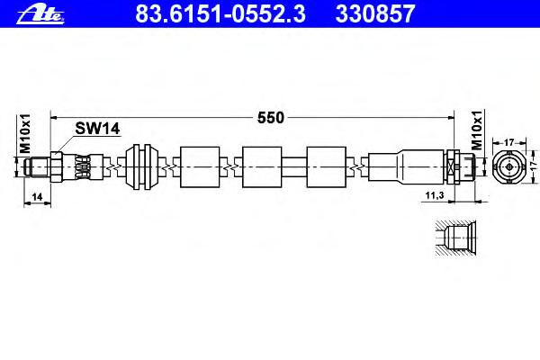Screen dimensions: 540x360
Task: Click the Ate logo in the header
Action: (x=40, y=14)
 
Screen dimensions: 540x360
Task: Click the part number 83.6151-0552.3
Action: (x=220, y=13)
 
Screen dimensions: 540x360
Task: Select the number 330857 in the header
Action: (x=375, y=13)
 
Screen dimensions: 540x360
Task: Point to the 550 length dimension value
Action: (x=271, y=118)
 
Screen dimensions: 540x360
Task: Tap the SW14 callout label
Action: (x=97, y=129)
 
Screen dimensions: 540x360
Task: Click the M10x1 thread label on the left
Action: (x=25, y=133)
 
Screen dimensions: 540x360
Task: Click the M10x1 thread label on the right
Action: (x=477, y=130)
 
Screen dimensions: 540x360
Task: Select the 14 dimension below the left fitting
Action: (x=37, y=197)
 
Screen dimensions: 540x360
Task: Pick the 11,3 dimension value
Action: (x=435, y=195)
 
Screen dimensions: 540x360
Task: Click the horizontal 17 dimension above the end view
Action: (x=508, y=142)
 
